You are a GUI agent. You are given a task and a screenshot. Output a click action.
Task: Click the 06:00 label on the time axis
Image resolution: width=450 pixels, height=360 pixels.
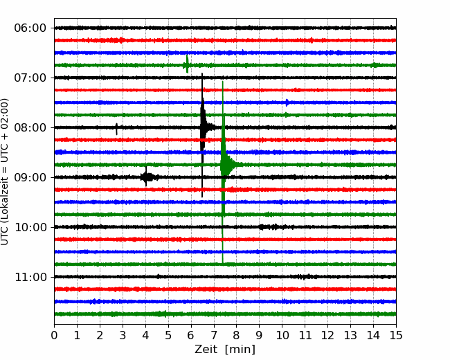[30, 28]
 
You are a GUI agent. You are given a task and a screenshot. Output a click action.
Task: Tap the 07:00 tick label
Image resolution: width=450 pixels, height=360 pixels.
[30, 78]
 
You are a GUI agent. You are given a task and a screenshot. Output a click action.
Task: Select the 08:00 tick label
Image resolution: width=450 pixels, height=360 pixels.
[30, 127]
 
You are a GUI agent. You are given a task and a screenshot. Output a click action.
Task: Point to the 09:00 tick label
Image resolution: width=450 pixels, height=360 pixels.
[30, 177]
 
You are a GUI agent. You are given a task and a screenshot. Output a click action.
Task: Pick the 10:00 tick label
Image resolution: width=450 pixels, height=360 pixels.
[30, 227]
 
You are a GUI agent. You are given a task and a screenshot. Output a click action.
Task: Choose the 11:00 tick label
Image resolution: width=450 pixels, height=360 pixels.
[30, 277]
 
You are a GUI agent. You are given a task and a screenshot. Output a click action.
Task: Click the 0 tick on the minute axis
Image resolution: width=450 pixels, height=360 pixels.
[54, 335]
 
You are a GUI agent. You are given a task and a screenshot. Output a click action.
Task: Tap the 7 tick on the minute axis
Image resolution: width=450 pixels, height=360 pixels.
[214, 335]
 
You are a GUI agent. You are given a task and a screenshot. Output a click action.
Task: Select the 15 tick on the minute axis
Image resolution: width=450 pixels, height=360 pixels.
[396, 335]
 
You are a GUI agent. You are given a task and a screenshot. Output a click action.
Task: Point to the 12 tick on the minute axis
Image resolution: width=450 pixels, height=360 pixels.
[327, 335]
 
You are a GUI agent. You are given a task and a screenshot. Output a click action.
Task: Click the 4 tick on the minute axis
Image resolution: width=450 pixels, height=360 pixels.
[145, 335]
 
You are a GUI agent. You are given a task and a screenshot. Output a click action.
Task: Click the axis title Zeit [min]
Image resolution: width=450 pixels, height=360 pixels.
[225, 350]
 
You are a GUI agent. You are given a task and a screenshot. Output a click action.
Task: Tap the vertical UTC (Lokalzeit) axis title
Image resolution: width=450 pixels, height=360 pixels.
[5, 172]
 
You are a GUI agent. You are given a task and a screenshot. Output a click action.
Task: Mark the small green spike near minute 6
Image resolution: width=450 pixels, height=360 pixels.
[187, 64]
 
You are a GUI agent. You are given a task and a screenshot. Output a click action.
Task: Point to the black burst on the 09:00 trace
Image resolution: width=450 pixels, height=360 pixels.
[146, 177]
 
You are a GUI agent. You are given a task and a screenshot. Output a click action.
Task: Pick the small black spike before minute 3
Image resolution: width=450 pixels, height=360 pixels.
[116, 129]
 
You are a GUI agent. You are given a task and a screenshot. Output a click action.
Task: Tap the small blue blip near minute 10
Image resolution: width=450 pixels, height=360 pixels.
[287, 102]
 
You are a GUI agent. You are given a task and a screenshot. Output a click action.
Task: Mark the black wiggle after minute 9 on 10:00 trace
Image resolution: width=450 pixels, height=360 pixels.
[269, 227]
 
